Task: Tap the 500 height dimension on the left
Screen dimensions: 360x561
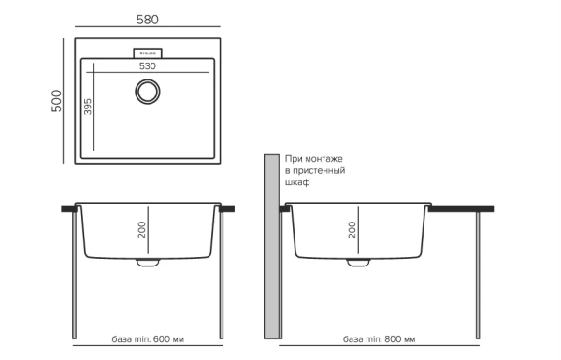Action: (56, 100)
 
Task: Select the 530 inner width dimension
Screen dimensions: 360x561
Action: (147, 66)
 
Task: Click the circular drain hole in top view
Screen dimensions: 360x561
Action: (147, 92)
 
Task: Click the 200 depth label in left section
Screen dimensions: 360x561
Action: (141, 229)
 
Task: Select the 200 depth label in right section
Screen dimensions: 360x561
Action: (352, 229)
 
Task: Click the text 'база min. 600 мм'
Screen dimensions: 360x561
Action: (148, 338)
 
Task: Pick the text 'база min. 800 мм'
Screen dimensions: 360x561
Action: (380, 338)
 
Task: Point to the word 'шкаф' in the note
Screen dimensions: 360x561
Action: (298, 183)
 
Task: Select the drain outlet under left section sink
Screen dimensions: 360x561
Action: (148, 266)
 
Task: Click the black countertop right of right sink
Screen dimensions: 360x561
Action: (462, 209)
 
